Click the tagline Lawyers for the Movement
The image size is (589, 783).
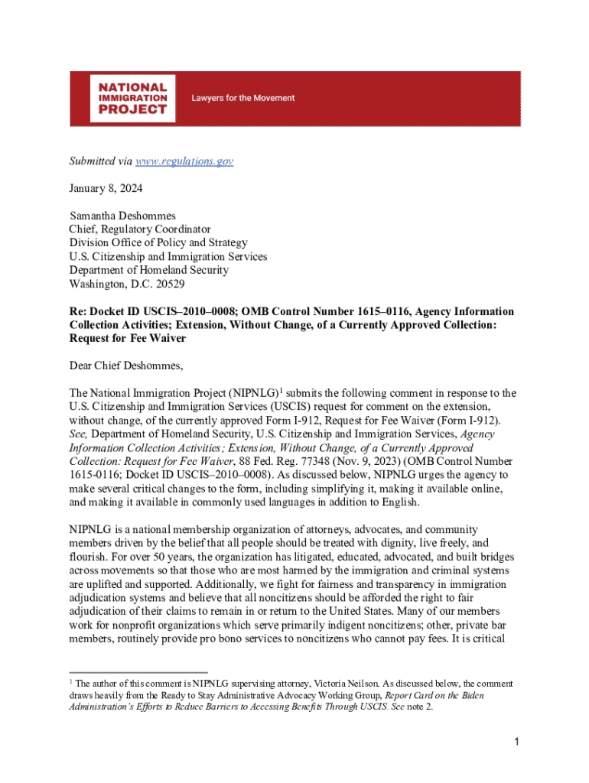[242, 98]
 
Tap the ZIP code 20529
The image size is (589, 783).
[169, 284]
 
